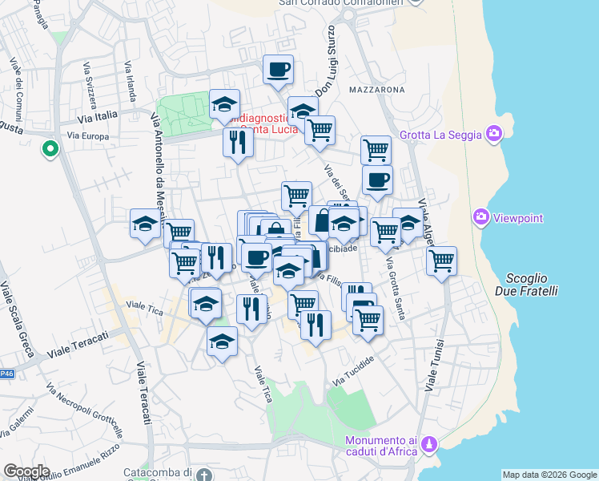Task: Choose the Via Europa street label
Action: [x=88, y=136]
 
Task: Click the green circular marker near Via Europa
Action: [x=50, y=149]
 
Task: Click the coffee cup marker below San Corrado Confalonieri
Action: [x=278, y=71]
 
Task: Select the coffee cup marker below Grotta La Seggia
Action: [x=377, y=180]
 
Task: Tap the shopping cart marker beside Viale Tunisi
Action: [x=441, y=261]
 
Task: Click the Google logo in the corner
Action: [x=26, y=471]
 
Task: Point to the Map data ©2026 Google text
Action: [x=549, y=474]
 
